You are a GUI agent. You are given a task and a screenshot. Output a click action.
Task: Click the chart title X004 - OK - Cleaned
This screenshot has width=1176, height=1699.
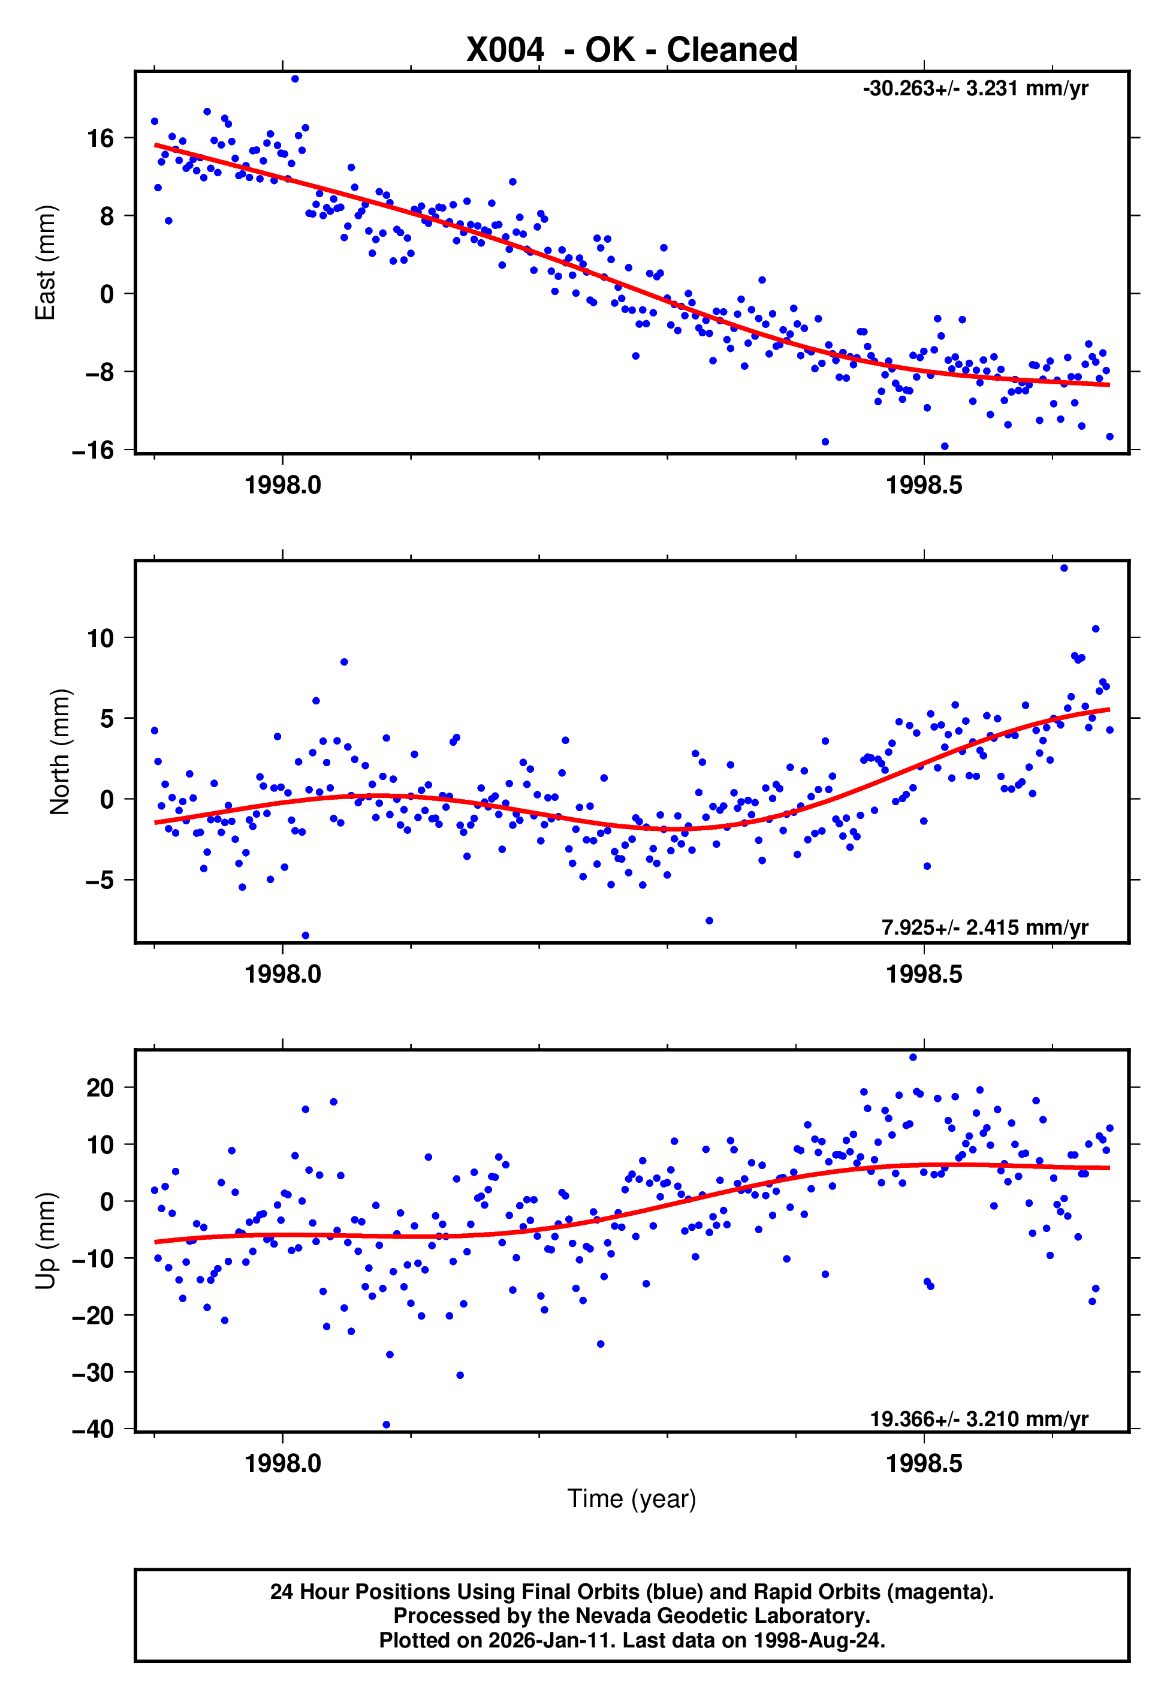(632, 50)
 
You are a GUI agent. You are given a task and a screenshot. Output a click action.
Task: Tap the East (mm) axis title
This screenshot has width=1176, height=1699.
(46, 263)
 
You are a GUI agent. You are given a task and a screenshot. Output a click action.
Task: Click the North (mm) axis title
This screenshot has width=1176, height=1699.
(59, 752)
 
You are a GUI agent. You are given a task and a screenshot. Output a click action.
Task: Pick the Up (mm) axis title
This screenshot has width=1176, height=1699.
(46, 1241)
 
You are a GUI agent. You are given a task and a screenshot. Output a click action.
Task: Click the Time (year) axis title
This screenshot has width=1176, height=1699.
(632, 1499)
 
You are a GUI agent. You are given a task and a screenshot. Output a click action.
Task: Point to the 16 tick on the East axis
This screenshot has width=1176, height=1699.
(100, 138)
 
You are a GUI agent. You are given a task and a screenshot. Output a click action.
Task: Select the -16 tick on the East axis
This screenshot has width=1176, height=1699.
(94, 450)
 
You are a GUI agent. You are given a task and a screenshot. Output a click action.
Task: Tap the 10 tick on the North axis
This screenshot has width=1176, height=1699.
(100, 638)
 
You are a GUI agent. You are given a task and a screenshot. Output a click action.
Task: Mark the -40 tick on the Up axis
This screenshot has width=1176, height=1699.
(94, 1429)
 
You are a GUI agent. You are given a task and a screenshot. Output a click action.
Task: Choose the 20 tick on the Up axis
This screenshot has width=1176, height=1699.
(100, 1088)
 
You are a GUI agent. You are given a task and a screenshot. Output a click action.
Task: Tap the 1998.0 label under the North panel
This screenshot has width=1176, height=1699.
(283, 975)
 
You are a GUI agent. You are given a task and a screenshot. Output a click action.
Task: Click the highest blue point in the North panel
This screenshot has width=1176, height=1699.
(1063, 568)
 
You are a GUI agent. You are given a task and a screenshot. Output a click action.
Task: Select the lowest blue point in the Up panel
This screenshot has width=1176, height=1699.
(386, 1425)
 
